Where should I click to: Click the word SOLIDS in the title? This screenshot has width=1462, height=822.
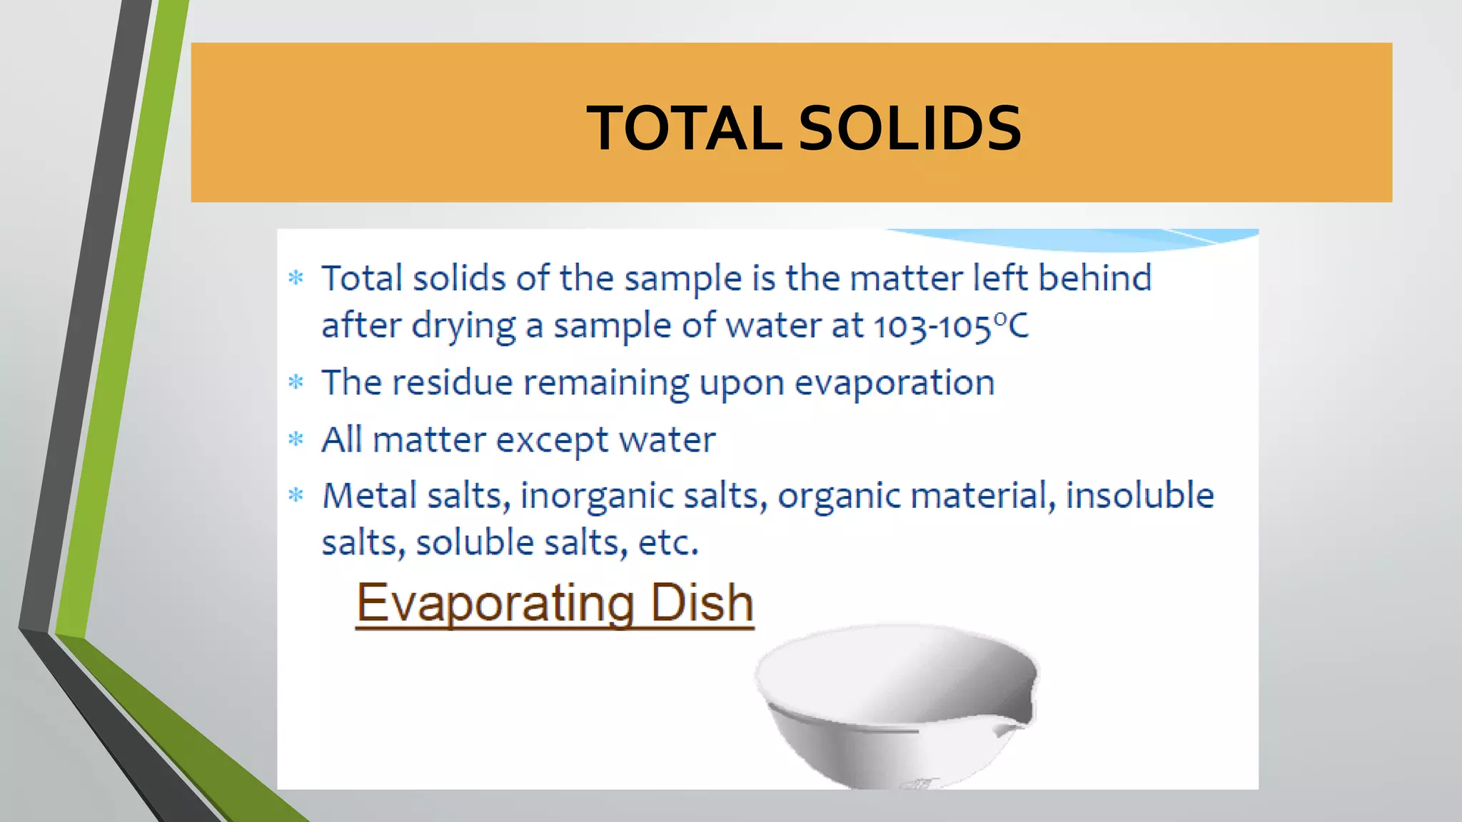[x=909, y=128]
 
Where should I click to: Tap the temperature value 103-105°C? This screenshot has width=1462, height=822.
[x=951, y=327]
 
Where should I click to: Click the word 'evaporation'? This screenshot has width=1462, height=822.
[x=894, y=383]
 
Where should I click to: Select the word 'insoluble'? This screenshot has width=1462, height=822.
[x=1139, y=496]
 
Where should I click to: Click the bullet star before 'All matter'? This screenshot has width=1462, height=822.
[x=296, y=439]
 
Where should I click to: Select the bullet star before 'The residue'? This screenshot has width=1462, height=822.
[x=296, y=382]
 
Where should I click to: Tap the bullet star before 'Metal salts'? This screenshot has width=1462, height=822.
[x=296, y=494]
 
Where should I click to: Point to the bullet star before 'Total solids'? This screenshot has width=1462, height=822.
[x=296, y=278]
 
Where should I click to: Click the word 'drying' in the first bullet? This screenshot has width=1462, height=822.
[x=463, y=327]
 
